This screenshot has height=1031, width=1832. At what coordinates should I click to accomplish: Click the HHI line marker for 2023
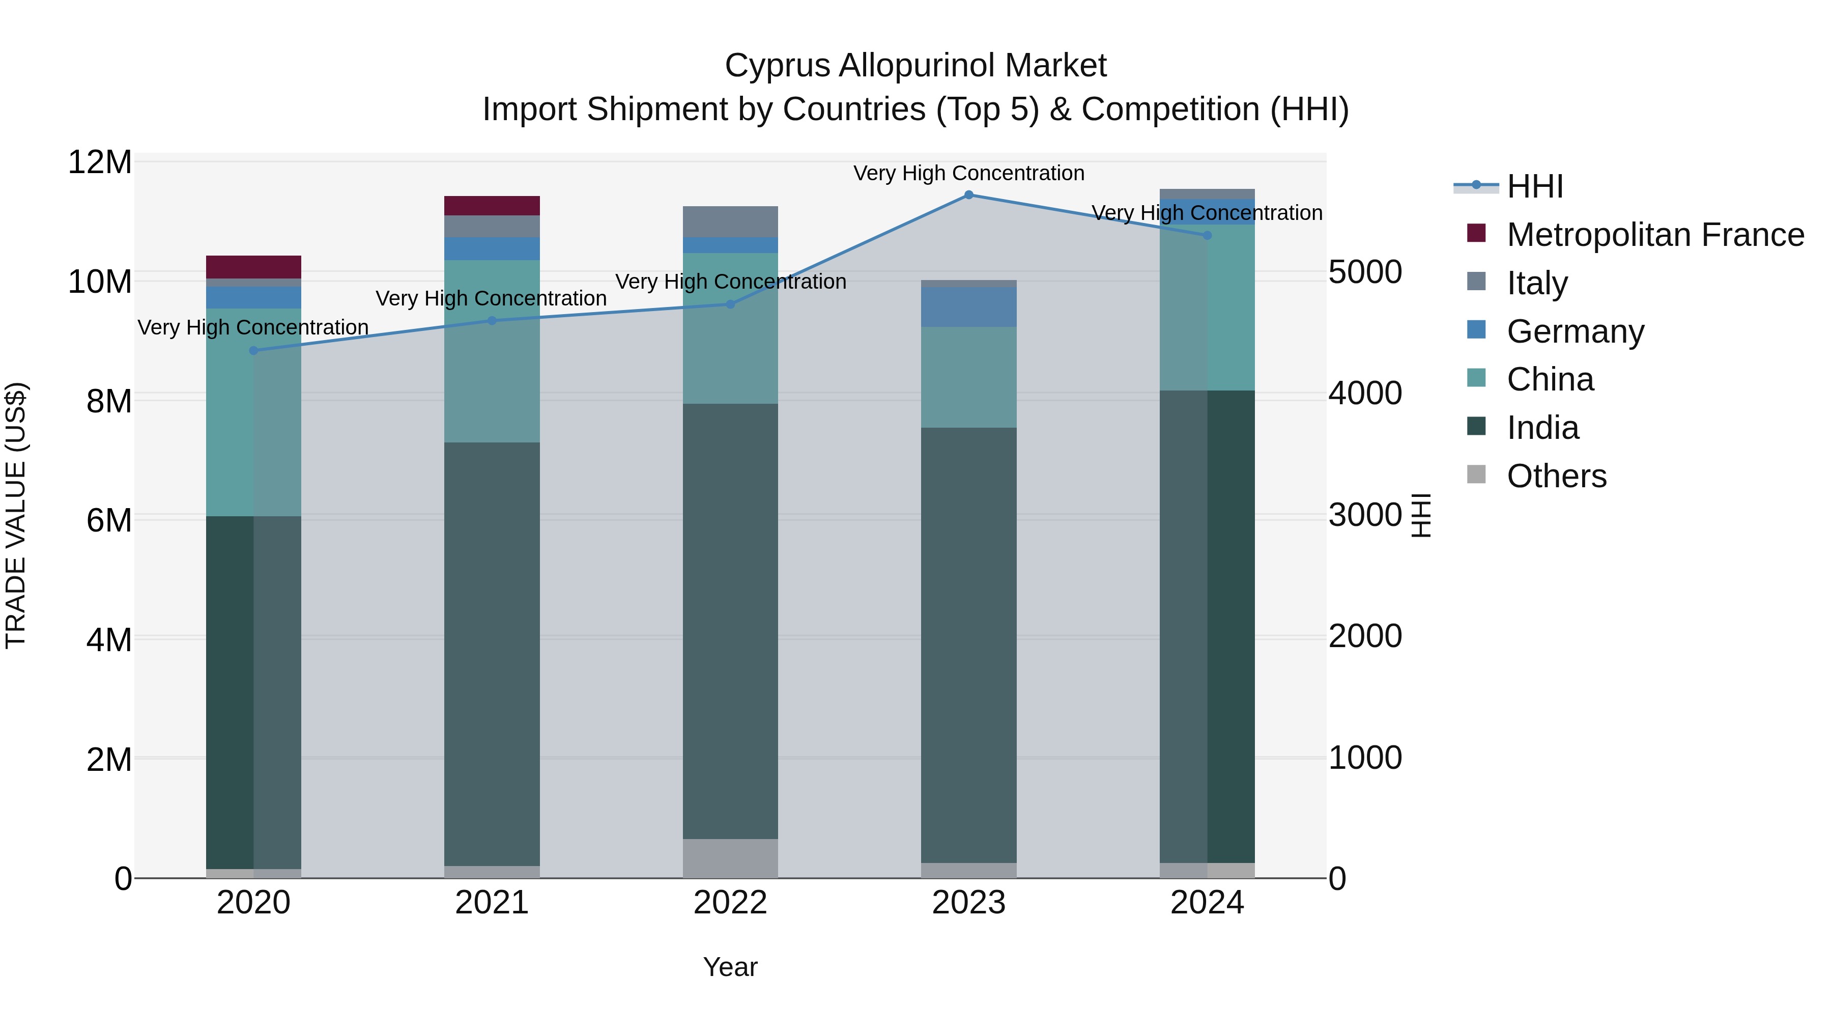(x=968, y=195)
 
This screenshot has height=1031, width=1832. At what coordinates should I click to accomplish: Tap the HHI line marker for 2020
(x=254, y=350)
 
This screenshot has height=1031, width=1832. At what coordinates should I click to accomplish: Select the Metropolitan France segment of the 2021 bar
(x=492, y=206)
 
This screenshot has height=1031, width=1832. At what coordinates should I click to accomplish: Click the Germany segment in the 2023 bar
(x=968, y=306)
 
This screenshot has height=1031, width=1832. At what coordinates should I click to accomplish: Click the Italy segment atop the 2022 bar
(x=730, y=221)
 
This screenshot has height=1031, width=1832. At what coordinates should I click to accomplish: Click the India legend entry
(x=1542, y=428)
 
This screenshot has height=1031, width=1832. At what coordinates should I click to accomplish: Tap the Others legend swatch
(x=1476, y=475)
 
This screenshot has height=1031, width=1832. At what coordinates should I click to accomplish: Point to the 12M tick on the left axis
(x=100, y=162)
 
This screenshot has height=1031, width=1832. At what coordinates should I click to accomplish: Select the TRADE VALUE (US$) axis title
(x=16, y=515)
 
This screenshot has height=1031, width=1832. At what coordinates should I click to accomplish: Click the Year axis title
(x=730, y=967)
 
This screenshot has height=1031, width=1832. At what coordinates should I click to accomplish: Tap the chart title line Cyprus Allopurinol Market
(x=915, y=66)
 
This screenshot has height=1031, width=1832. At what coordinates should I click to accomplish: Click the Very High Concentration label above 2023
(x=968, y=173)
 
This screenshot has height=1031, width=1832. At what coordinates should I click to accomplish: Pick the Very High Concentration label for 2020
(x=253, y=327)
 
